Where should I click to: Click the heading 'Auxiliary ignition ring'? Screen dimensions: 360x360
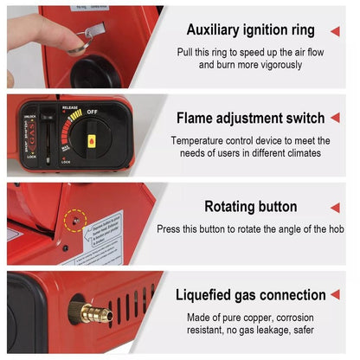tap(251, 30)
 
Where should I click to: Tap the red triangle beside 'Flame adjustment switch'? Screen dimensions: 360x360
tap(336, 118)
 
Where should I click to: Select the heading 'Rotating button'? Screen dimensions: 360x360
tap(251, 207)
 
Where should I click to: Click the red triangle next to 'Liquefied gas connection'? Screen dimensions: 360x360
tap(336, 294)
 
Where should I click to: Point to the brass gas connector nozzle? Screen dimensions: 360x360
tap(92, 312)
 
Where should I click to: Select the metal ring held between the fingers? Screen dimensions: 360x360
tap(87, 35)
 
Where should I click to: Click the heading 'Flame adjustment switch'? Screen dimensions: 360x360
tap(251, 119)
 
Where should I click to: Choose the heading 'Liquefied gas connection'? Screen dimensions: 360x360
tap(251, 295)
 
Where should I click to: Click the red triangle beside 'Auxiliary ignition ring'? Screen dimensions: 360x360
tap(336, 30)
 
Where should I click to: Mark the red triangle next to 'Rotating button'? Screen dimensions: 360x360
tap(336, 207)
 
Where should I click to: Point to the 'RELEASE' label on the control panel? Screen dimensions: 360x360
tap(70, 108)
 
